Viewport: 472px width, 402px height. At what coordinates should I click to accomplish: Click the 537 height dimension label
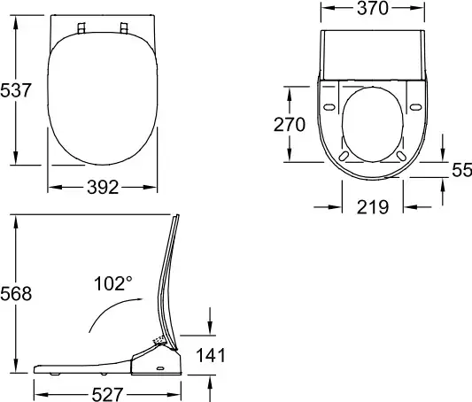tap(16, 90)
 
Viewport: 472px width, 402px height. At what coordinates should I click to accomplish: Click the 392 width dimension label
tap(103, 187)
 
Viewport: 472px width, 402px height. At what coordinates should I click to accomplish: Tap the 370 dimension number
tap(373, 8)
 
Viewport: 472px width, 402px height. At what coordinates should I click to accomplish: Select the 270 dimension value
tap(290, 125)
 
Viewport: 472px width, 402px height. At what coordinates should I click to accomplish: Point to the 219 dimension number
tap(373, 207)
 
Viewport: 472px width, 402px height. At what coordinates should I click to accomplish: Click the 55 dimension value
tap(462, 170)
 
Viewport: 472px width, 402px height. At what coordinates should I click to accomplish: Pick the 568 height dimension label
tap(16, 294)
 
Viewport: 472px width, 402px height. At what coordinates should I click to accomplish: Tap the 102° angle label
tap(113, 283)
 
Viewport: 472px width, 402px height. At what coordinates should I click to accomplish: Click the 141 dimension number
tap(211, 355)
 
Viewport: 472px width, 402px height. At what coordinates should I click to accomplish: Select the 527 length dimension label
tap(107, 394)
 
